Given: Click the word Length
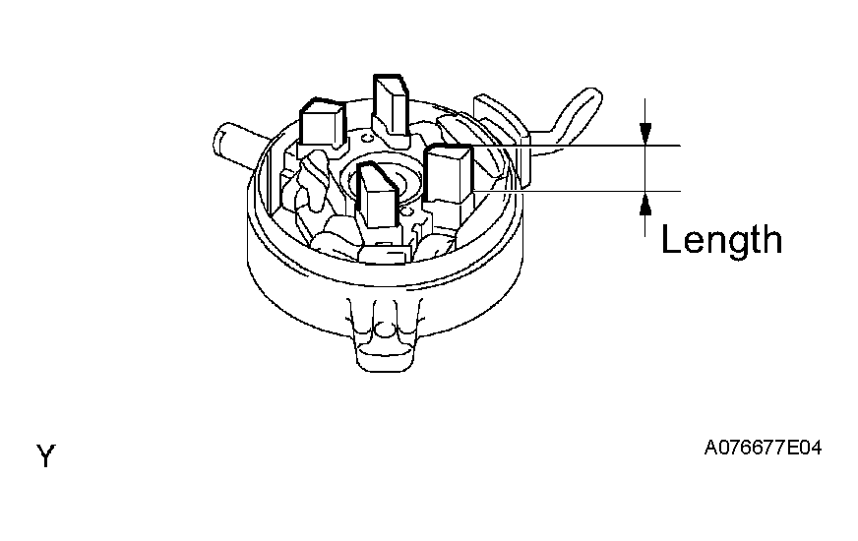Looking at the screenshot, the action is pyautogui.click(x=722, y=240).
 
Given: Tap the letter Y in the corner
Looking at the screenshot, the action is pyautogui.click(x=46, y=455).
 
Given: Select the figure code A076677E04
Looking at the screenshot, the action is pyautogui.click(x=763, y=448).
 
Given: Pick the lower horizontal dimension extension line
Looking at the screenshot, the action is pyautogui.click(x=577, y=191).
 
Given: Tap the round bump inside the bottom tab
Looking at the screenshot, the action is pyautogui.click(x=386, y=329).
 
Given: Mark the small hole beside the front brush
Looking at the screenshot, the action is pyautogui.click(x=405, y=210).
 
